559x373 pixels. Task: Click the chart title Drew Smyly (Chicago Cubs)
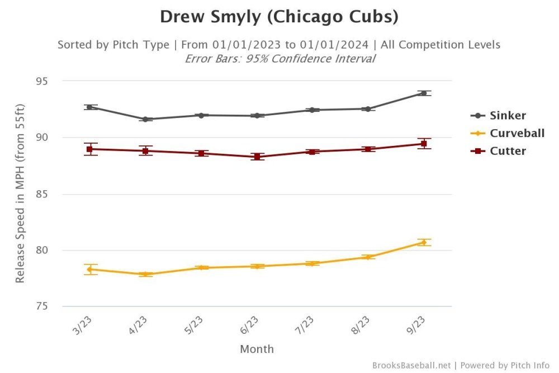click(x=279, y=17)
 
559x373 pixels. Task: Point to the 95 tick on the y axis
click(x=41, y=81)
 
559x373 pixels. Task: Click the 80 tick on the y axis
click(x=41, y=250)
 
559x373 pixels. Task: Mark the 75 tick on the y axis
click(x=41, y=306)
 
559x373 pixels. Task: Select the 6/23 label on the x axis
click(x=249, y=325)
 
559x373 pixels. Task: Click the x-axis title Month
click(x=257, y=350)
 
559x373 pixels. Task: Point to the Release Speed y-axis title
click(x=20, y=193)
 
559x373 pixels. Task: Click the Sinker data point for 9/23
click(x=424, y=93)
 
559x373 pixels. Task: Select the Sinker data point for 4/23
click(x=145, y=119)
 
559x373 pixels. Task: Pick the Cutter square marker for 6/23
click(x=257, y=157)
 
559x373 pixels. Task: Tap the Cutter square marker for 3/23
click(x=89, y=149)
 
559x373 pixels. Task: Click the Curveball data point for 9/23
click(x=424, y=242)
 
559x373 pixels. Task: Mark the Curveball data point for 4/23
click(x=145, y=275)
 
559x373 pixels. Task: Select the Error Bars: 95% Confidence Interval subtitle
click(x=279, y=59)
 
